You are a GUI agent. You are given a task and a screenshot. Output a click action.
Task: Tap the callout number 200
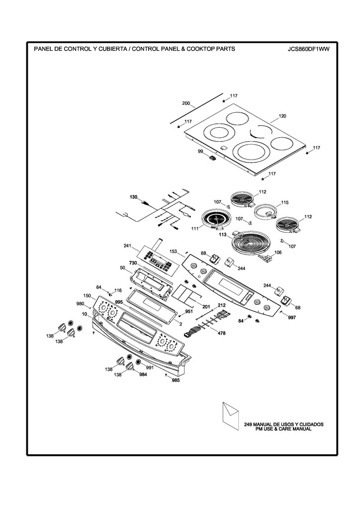pos(186,103)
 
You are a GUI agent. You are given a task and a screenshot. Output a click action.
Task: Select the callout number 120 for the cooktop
pos(282,116)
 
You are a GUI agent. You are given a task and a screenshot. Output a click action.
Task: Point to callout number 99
pos(200,151)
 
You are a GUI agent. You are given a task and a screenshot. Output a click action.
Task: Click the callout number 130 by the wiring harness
pos(133,197)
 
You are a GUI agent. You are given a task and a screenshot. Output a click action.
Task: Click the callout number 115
pos(284,203)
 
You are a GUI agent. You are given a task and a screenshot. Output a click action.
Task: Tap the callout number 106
pos(277,253)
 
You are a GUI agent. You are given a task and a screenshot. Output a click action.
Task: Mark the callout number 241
pos(127,246)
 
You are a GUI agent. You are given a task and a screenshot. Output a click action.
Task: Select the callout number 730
pos(133,262)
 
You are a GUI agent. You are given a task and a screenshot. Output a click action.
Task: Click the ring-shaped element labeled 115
pos(266,210)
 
